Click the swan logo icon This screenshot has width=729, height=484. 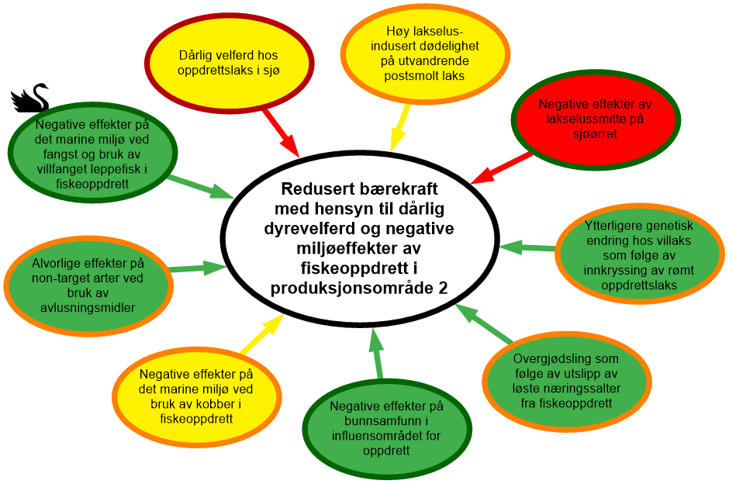(29, 98)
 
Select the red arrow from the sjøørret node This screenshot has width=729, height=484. (500, 167)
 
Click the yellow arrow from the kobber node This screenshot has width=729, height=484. (261, 336)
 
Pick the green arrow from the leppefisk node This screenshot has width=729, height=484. (199, 187)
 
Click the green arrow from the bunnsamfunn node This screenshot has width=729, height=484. (377, 353)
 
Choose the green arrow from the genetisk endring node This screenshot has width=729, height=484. (527, 247)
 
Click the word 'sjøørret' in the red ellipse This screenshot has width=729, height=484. (592, 133)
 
